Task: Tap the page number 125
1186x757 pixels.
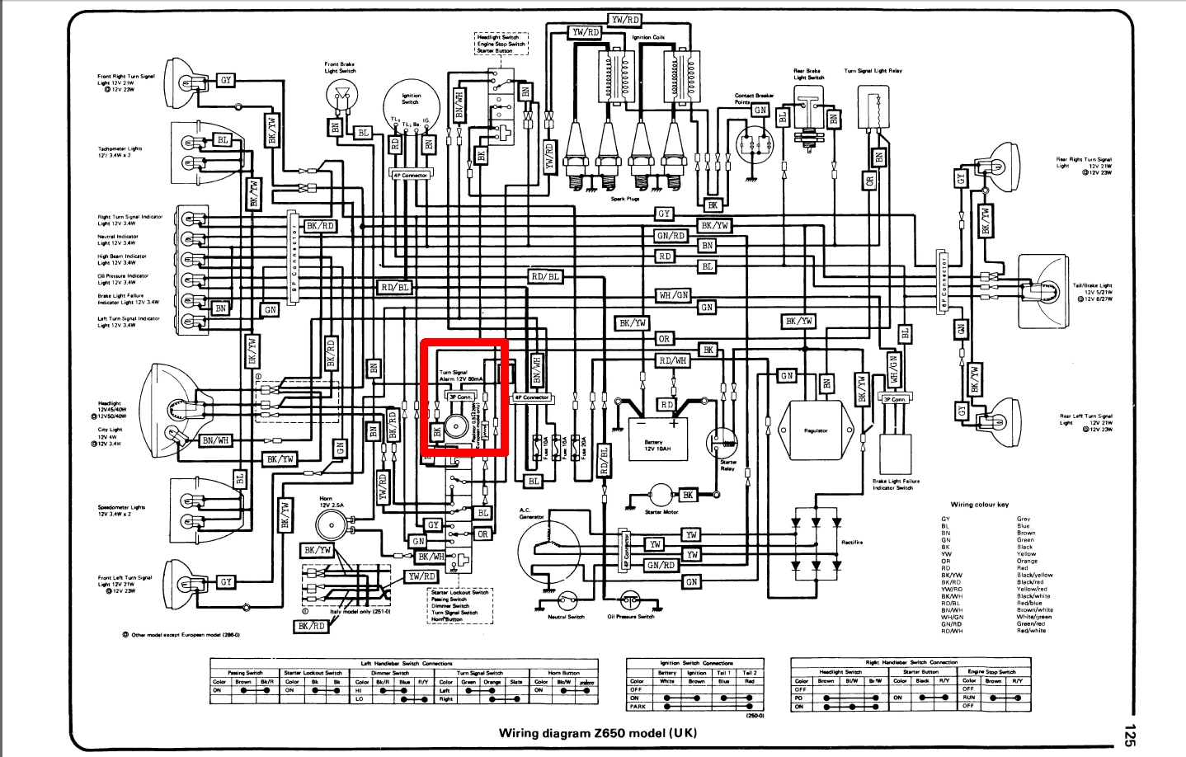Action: (x=1129, y=735)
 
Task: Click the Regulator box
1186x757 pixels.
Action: (x=815, y=430)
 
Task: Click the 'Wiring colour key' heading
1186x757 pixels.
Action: (x=979, y=505)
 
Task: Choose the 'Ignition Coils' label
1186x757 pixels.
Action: (x=648, y=37)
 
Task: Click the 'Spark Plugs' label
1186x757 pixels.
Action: (x=624, y=199)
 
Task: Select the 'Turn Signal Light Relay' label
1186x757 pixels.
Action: (x=873, y=71)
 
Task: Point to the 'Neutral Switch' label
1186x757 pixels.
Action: (x=566, y=617)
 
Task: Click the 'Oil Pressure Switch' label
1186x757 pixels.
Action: (x=631, y=617)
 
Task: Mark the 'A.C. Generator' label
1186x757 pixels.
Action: (x=531, y=513)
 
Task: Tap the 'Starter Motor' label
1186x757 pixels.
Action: (x=661, y=512)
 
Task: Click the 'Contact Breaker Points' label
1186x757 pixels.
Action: (x=753, y=99)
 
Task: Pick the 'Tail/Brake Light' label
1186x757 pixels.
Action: (x=1092, y=285)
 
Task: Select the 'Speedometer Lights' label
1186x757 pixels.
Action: (x=121, y=508)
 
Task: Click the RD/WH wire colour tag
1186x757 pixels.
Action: (x=673, y=360)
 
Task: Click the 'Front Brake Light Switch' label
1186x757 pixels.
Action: (x=340, y=68)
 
